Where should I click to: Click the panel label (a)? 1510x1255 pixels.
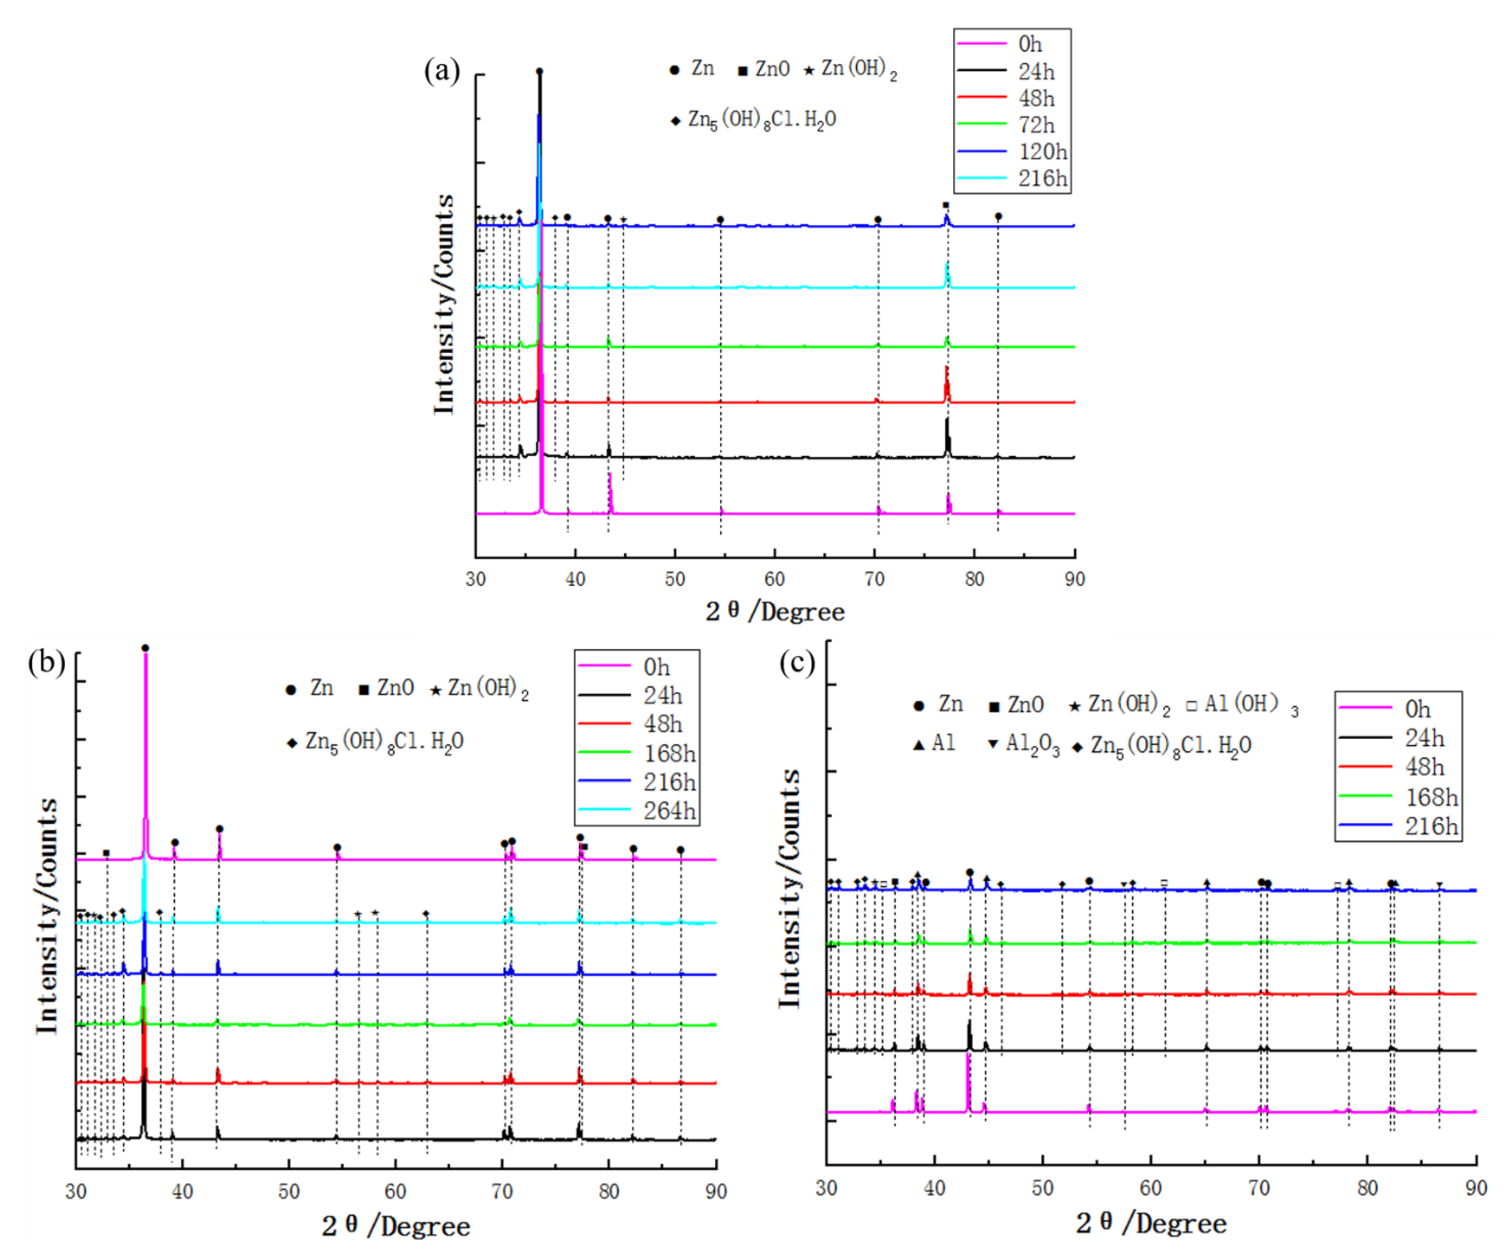coord(442,71)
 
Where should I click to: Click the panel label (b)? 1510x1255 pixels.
coord(46,661)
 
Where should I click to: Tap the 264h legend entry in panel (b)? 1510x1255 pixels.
coord(669,811)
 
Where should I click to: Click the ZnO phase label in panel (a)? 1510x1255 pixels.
coord(772,69)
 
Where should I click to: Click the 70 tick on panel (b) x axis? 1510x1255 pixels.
coord(502,1192)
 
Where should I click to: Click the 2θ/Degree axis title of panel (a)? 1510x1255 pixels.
coord(775,612)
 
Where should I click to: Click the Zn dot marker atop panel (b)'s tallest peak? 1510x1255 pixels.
coord(145,648)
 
